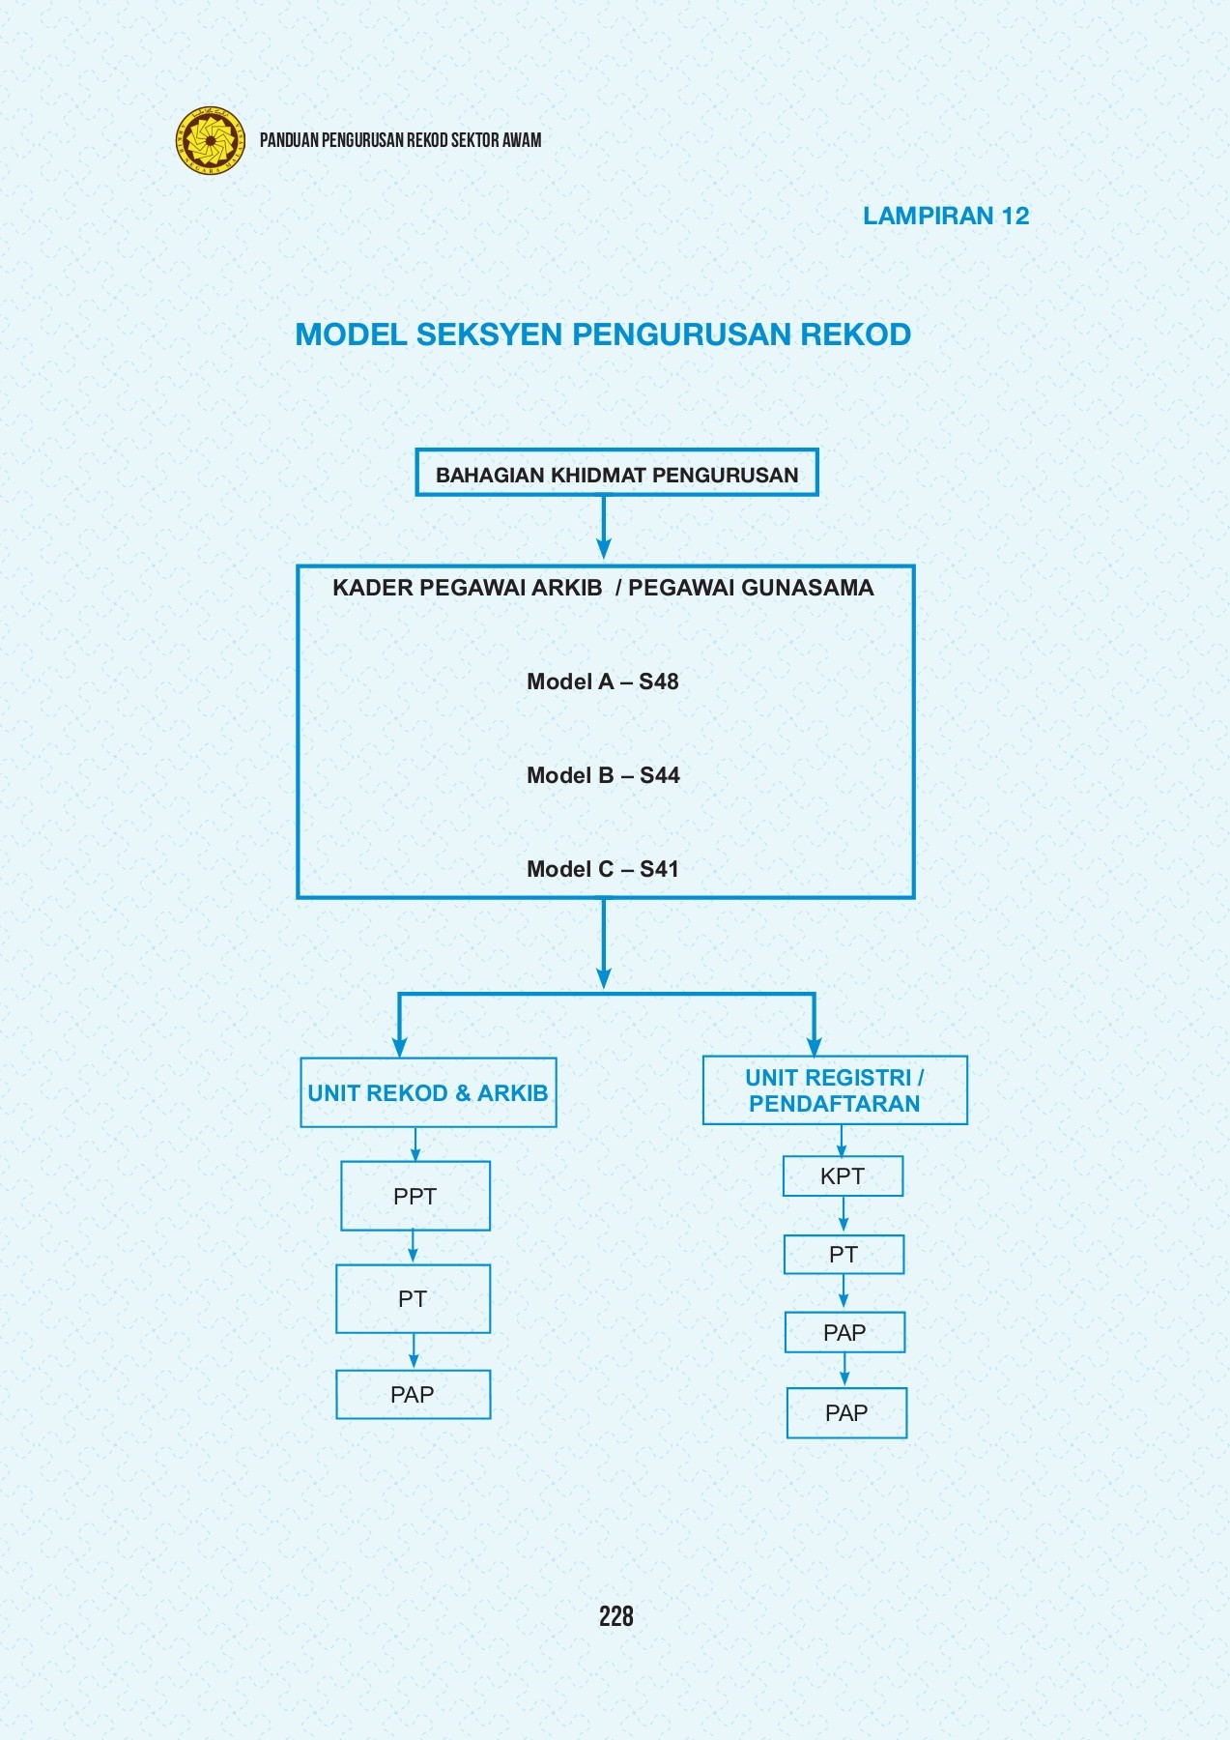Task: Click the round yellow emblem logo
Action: coord(211,140)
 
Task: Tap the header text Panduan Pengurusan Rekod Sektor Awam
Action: coord(400,140)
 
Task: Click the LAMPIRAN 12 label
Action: coord(945,216)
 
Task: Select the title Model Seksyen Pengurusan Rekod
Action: coord(603,334)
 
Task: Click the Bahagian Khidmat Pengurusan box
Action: coord(616,474)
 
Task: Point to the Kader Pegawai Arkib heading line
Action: coord(603,588)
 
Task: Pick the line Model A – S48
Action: coord(603,681)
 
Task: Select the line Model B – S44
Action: coord(603,775)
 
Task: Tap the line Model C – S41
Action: coord(603,869)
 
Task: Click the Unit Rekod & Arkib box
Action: coord(428,1093)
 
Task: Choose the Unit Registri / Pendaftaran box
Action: coord(835,1090)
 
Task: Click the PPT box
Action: coord(415,1197)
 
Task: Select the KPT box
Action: coord(843,1176)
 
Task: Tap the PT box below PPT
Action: coord(414,1299)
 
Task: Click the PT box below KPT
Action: coord(844,1255)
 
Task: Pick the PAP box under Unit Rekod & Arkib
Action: coord(413,1395)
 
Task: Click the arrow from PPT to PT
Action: coord(413,1247)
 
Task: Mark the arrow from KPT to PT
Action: coord(844,1215)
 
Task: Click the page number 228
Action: coord(615,1616)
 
